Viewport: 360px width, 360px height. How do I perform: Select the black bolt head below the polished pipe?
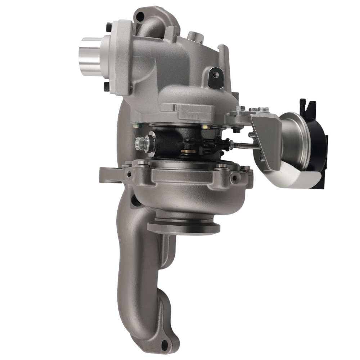(106, 86)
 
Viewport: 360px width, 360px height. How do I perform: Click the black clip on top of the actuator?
(308, 107)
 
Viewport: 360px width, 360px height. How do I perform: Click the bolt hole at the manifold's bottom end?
(165, 346)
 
